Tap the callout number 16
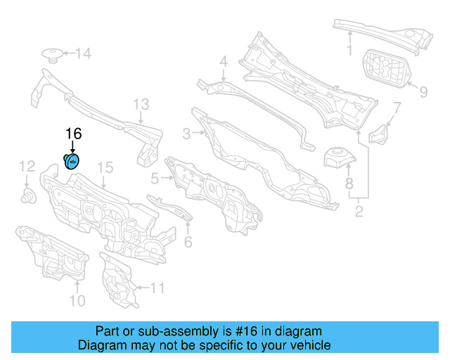pyautogui.click(x=73, y=134)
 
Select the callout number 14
pyautogui.click(x=84, y=53)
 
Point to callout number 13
pyautogui.click(x=141, y=105)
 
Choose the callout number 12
pyautogui.click(x=26, y=166)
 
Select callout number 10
pyautogui.click(x=77, y=301)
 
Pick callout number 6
pyautogui.click(x=188, y=243)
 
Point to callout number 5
pyautogui.click(x=155, y=179)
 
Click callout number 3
pyautogui.click(x=186, y=134)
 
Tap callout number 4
pyautogui.click(x=223, y=62)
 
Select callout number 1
pyautogui.click(x=349, y=50)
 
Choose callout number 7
pyautogui.click(x=397, y=108)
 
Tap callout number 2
pyautogui.click(x=359, y=210)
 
